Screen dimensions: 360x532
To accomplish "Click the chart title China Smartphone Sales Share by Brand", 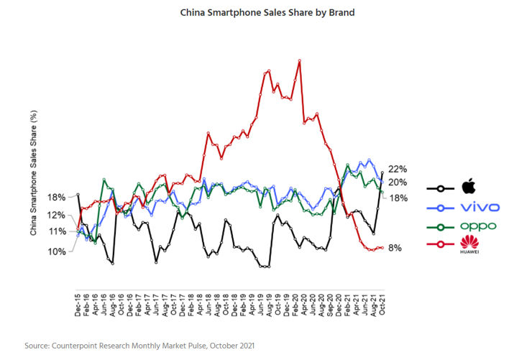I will point(267,13).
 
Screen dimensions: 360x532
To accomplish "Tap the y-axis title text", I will point(34,173).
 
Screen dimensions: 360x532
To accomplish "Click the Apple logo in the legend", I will point(469,188).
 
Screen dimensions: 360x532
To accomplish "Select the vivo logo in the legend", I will point(480,207).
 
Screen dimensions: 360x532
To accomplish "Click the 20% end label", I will point(397,183).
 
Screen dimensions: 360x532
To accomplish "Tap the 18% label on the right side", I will point(398,198).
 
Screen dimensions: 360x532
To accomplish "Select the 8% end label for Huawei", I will point(395,248).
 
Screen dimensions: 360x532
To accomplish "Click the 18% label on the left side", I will point(57,197).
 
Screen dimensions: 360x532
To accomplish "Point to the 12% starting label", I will point(57,215).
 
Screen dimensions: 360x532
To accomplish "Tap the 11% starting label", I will point(57,231).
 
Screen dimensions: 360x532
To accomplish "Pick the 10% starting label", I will point(57,251).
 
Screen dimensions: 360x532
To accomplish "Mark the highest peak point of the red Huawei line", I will point(298,60).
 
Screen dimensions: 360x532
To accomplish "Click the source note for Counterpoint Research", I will point(139,346).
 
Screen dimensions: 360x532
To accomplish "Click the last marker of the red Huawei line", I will point(382,248).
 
